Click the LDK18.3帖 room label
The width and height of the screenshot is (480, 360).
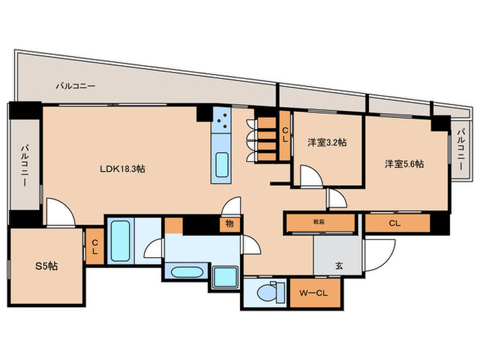pos(123,169)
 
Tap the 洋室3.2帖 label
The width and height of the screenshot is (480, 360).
pos(327,143)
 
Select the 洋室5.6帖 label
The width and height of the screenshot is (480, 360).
pos(405,164)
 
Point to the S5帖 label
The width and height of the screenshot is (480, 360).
pos(46,266)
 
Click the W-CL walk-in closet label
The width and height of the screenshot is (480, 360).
pos(313,293)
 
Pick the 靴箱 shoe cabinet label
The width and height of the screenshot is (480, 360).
pos(319,222)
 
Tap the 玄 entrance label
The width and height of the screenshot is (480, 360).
pos(339,266)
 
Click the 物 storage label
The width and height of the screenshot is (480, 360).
pos(230,224)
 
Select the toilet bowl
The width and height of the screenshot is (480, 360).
pos(267,293)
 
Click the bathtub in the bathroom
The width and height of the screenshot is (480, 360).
pos(120,241)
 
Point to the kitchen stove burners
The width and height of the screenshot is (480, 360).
pos(221,120)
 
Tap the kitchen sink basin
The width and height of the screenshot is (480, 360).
pos(221,165)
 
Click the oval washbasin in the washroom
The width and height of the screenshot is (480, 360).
pos(187,272)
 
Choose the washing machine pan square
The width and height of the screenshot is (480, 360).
pos(226,277)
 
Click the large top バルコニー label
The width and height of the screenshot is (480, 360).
pos(75,86)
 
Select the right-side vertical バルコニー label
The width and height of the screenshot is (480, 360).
pos(461,150)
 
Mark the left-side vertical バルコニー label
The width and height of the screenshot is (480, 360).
pos(25,165)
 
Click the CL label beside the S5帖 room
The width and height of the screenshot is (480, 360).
pos(95,247)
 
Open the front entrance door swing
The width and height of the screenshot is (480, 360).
pos(379,255)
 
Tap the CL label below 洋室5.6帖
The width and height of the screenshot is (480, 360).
pos(395,223)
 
